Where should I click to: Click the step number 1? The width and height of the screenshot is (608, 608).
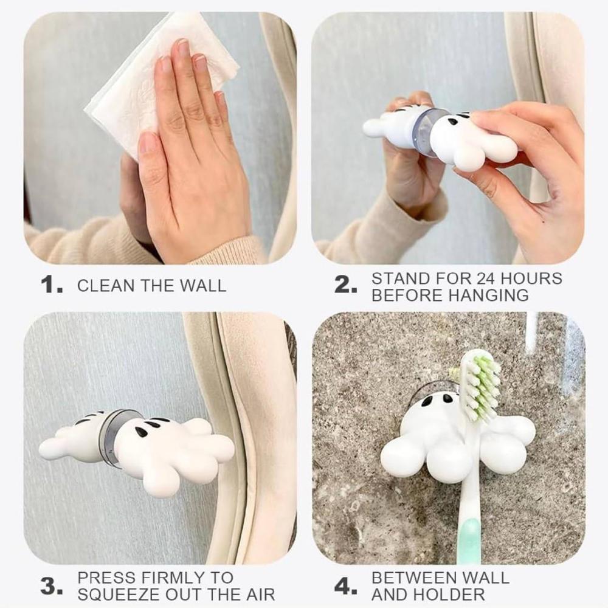[50, 285]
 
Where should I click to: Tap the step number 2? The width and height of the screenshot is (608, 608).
[345, 285]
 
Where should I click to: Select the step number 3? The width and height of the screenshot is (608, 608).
[50, 586]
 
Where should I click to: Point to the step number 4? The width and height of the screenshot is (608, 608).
[345, 586]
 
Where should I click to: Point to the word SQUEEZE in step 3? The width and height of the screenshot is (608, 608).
[117, 595]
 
